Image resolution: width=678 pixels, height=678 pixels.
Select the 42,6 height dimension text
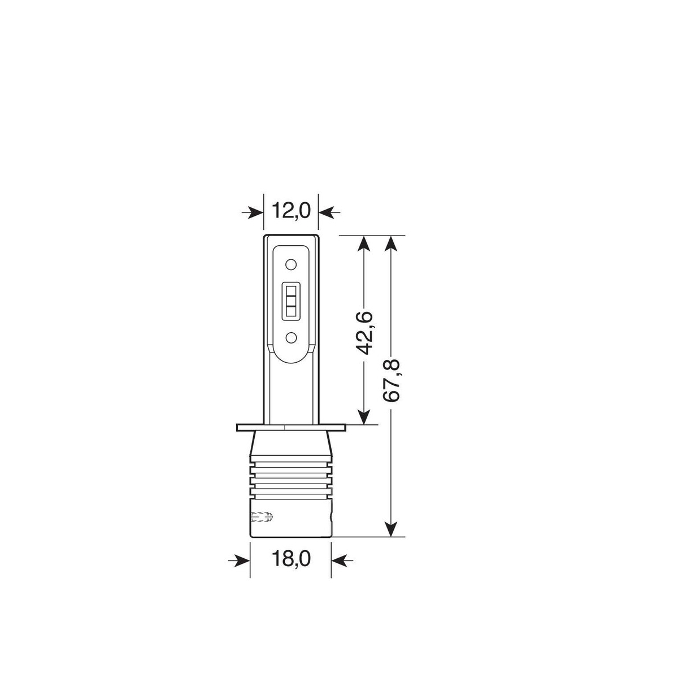point(363,332)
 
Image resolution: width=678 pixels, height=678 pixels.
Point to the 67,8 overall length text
point(391,380)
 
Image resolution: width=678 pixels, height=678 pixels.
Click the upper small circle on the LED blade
point(290,264)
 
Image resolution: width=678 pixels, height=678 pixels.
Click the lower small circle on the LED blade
point(290,338)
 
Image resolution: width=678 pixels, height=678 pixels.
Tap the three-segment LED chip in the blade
point(290,301)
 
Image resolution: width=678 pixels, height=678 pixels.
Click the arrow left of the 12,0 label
point(252,212)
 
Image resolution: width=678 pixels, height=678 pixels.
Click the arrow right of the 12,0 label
point(329,212)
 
